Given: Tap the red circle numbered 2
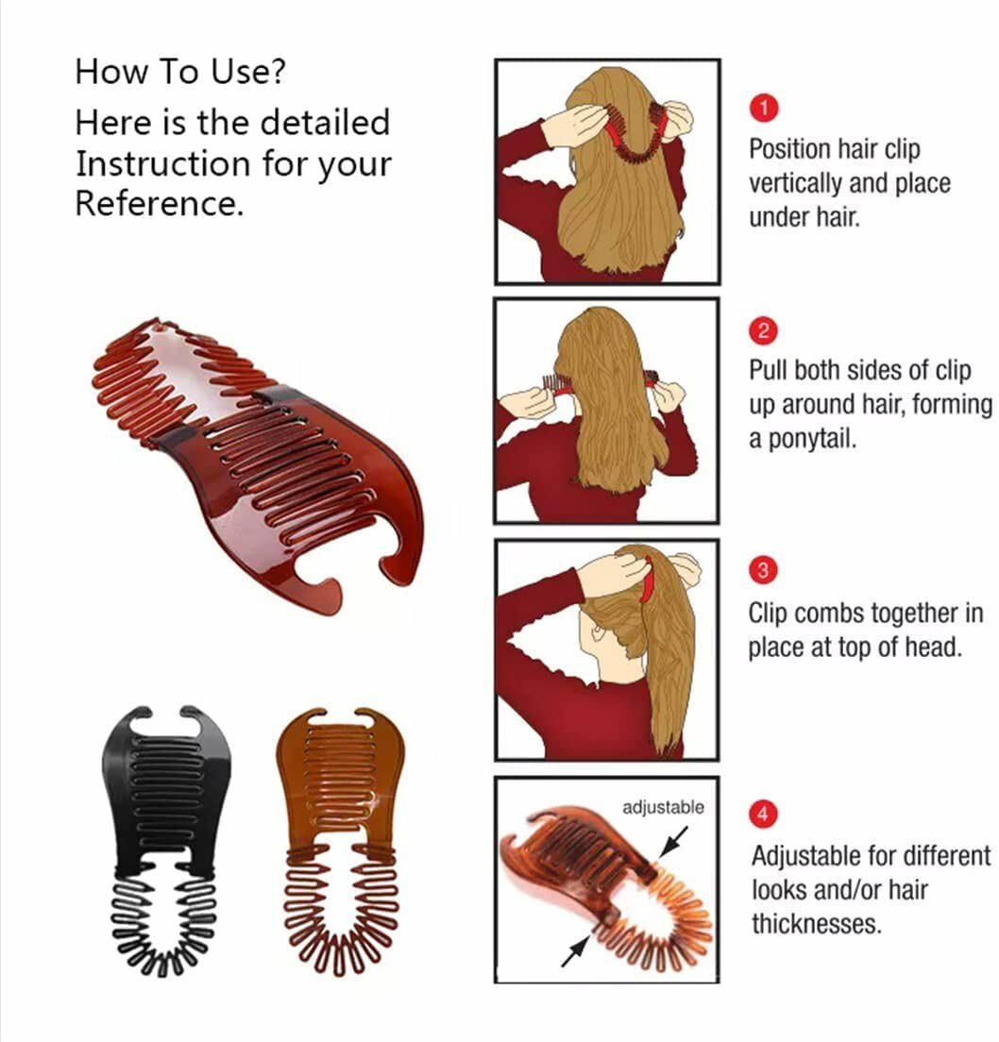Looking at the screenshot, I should [x=764, y=331].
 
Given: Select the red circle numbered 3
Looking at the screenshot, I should [x=764, y=570].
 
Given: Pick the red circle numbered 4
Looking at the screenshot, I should [x=764, y=812].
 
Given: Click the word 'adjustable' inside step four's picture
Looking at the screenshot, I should [x=663, y=807].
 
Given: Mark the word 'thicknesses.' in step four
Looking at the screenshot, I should [x=816, y=923].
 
